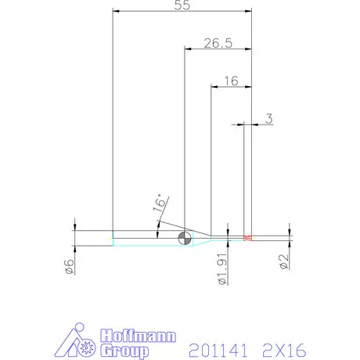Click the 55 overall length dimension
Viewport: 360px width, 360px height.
pos(182,5)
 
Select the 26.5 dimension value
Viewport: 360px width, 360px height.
pos(218,43)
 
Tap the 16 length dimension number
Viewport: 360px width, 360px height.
pos(231,81)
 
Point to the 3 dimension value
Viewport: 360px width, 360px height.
pos(269,118)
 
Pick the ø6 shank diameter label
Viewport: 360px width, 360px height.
pos(69,267)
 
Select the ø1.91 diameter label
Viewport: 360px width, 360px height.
pos(222,268)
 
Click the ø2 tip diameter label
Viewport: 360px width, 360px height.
pos(284,261)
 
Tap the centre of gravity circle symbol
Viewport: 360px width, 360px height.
pos(185,238)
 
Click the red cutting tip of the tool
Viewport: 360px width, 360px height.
pos(247,238)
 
